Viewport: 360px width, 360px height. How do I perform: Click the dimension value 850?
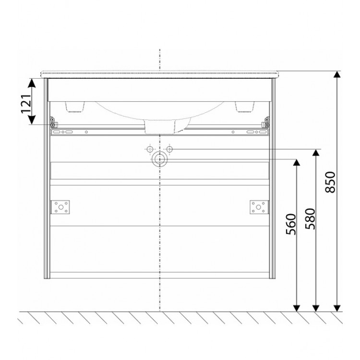pyautogui.click(x=330, y=182)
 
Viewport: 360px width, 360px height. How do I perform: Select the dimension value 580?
pyautogui.click(x=311, y=219)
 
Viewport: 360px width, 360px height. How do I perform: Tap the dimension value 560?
pyautogui.click(x=291, y=224)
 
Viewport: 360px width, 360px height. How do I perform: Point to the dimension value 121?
pyautogui.click(x=26, y=103)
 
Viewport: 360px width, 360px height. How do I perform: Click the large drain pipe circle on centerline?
pyautogui.click(x=159, y=159)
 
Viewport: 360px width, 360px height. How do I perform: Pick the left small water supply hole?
pyautogui.click(x=150, y=149)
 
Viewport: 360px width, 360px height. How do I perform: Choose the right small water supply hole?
pyautogui.click(x=169, y=149)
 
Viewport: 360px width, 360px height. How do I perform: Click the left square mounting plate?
pyautogui.click(x=60, y=207)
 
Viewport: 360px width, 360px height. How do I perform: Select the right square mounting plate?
pyautogui.click(x=259, y=207)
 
